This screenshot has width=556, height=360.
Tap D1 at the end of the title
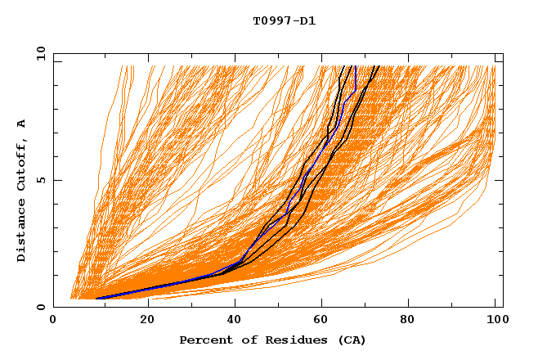(x=307, y=21)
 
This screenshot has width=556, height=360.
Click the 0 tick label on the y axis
(x=41, y=307)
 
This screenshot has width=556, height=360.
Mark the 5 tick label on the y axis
(x=41, y=180)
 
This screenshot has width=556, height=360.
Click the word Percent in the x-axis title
(x=204, y=340)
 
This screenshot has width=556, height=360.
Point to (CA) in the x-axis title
(x=351, y=340)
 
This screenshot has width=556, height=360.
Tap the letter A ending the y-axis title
(x=22, y=124)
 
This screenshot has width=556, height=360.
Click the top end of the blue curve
(x=355, y=66)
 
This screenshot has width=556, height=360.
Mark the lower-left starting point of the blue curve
(x=96, y=299)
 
